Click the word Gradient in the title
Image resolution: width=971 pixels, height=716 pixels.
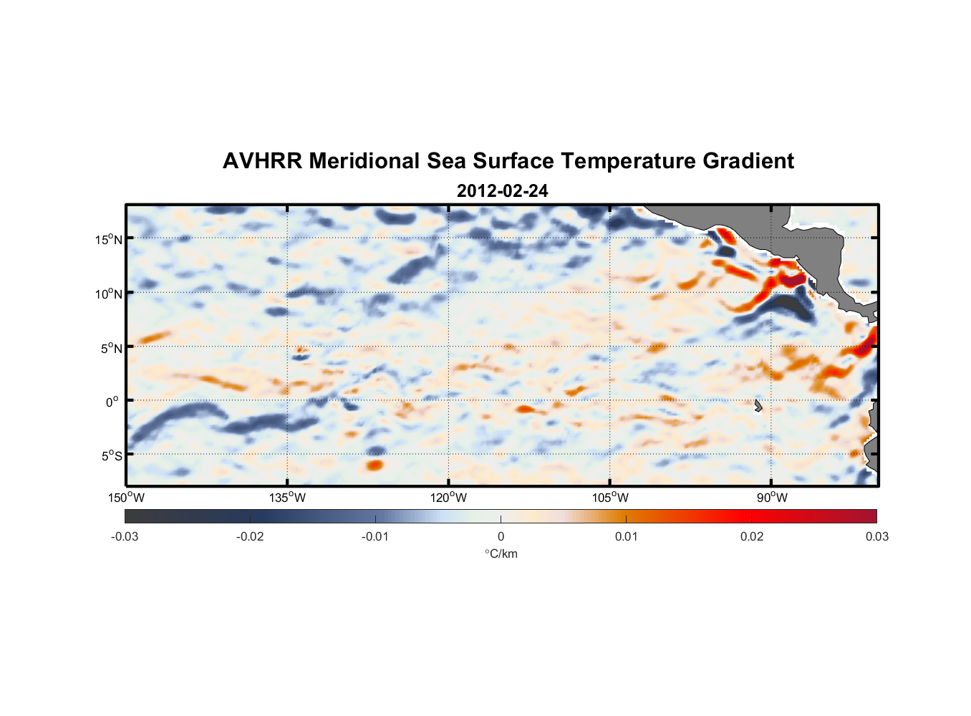coord(748,161)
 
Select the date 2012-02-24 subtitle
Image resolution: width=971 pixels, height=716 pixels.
coord(502,191)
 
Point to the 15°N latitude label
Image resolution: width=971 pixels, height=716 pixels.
coord(109,239)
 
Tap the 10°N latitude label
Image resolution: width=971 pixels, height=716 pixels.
coord(109,294)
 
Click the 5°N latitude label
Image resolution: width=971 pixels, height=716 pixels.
coord(111,348)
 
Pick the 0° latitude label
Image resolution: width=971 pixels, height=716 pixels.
coord(112,402)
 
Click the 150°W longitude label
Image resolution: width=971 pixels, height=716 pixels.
coord(126,498)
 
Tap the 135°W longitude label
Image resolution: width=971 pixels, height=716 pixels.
coord(288,498)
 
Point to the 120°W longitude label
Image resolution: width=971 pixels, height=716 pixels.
coord(449,498)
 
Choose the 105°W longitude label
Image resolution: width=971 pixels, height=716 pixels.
coord(610,498)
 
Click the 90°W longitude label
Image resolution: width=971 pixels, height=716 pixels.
coord(772,498)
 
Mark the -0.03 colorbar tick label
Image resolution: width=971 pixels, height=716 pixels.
coord(125,536)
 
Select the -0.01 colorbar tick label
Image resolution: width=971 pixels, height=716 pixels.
coord(375,536)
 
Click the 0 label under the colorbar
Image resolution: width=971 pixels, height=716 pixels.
coord(501,536)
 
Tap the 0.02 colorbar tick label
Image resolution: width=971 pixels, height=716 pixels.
coord(752,536)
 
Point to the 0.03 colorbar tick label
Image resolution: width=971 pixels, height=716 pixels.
coord(876,536)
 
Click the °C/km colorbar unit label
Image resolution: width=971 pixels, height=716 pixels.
coord(501,553)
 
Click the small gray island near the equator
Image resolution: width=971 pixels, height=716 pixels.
coord(758,406)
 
